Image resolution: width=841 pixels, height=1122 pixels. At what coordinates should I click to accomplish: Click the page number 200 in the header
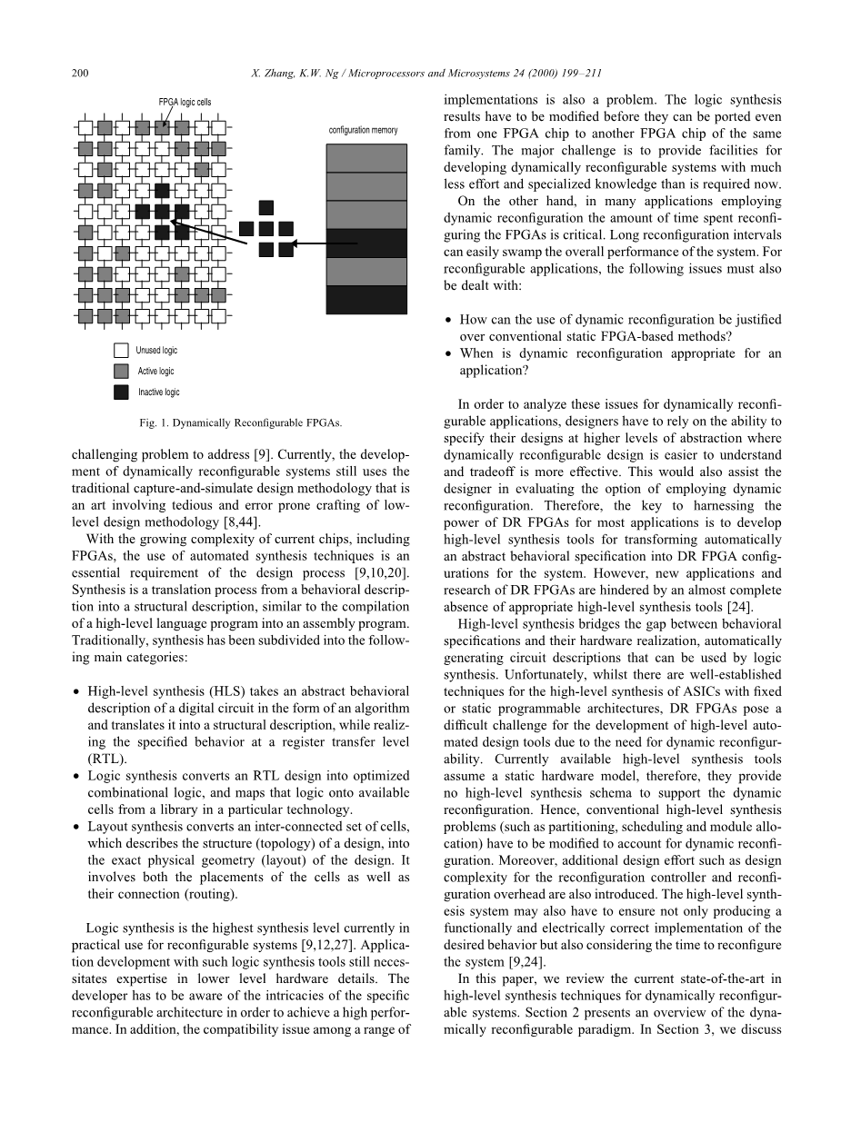point(79,74)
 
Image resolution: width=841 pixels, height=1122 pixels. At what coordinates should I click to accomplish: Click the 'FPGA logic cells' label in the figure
point(185,102)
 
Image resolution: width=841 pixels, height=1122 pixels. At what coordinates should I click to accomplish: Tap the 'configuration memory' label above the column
point(363,130)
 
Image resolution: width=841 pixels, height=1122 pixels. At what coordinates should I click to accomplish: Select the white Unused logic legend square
point(121,351)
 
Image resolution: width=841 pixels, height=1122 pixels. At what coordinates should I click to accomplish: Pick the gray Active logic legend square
point(121,372)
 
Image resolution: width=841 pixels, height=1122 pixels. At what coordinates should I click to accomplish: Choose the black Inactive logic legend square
point(121,392)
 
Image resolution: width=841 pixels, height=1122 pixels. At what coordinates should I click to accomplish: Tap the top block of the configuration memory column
point(366,157)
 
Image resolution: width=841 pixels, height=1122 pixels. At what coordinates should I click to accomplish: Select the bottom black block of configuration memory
point(366,300)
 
